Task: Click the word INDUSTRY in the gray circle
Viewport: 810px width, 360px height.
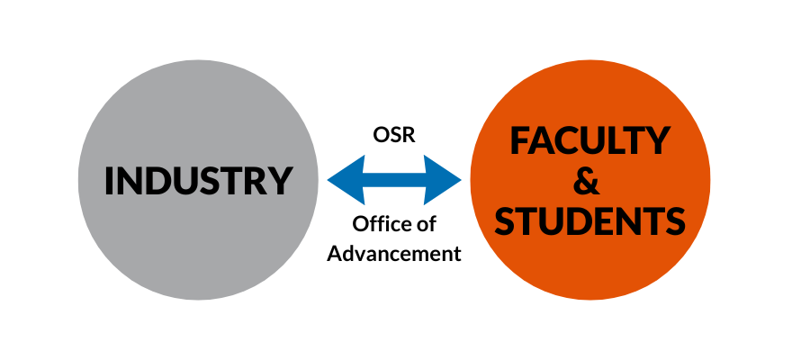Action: click(198, 180)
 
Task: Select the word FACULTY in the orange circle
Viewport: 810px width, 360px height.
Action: click(589, 141)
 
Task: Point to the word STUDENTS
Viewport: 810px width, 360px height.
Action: click(590, 221)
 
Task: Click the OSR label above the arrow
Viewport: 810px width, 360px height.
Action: click(393, 134)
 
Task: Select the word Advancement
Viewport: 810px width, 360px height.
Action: click(393, 253)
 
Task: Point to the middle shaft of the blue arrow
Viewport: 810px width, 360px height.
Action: click(393, 179)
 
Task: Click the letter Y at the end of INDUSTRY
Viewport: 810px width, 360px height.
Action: click(280, 180)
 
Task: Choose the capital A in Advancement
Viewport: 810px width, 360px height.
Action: click(334, 253)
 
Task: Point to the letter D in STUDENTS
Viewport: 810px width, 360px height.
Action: click(583, 221)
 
